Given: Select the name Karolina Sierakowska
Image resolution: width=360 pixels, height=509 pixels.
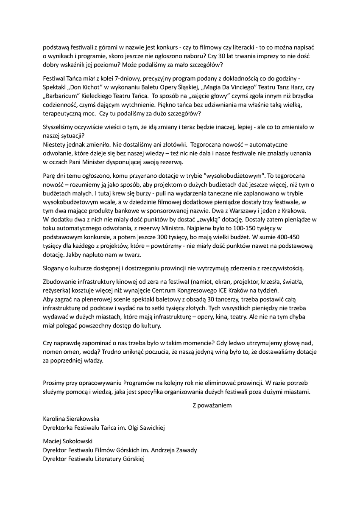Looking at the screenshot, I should tap(71, 419).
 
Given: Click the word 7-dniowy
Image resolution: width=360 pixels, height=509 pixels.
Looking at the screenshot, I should tap(123, 78).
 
